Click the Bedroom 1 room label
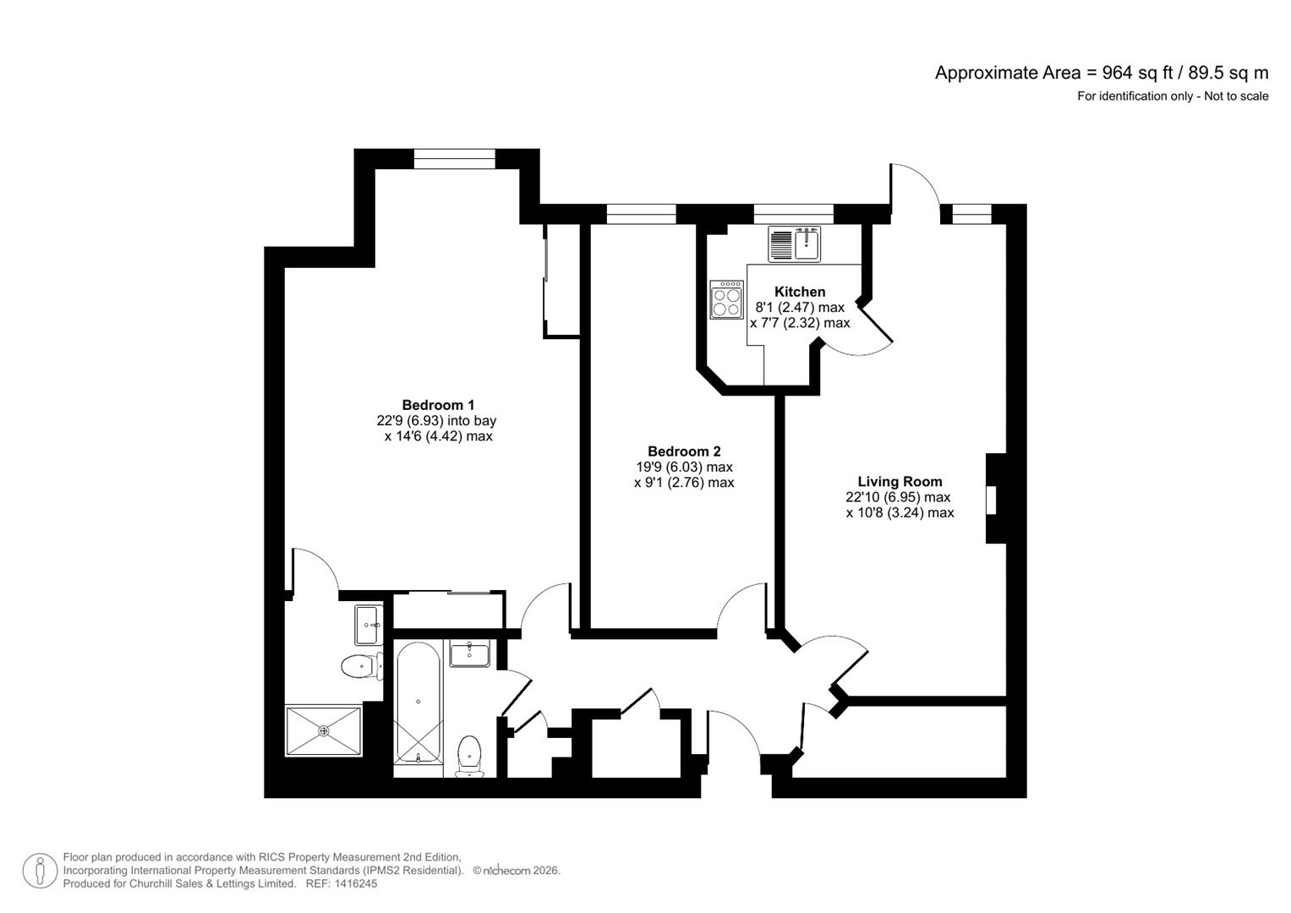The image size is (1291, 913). (x=438, y=405)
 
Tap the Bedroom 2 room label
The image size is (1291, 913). (x=684, y=451)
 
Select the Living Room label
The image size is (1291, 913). (x=900, y=481)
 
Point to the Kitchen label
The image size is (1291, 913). (x=800, y=292)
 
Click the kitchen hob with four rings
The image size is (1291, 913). (x=726, y=300)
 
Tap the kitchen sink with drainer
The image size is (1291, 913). (x=794, y=244)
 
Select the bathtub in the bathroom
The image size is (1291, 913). (x=418, y=702)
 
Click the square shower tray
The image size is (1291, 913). (x=324, y=731)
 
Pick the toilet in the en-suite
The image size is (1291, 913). (x=362, y=668)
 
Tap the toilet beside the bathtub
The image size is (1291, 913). (x=470, y=757)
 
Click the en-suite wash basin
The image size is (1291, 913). (x=369, y=625)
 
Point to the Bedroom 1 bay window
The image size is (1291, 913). (x=454, y=159)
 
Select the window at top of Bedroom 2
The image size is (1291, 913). (x=641, y=214)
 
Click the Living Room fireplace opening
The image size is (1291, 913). (x=992, y=500)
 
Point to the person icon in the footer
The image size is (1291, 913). (x=40, y=871)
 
